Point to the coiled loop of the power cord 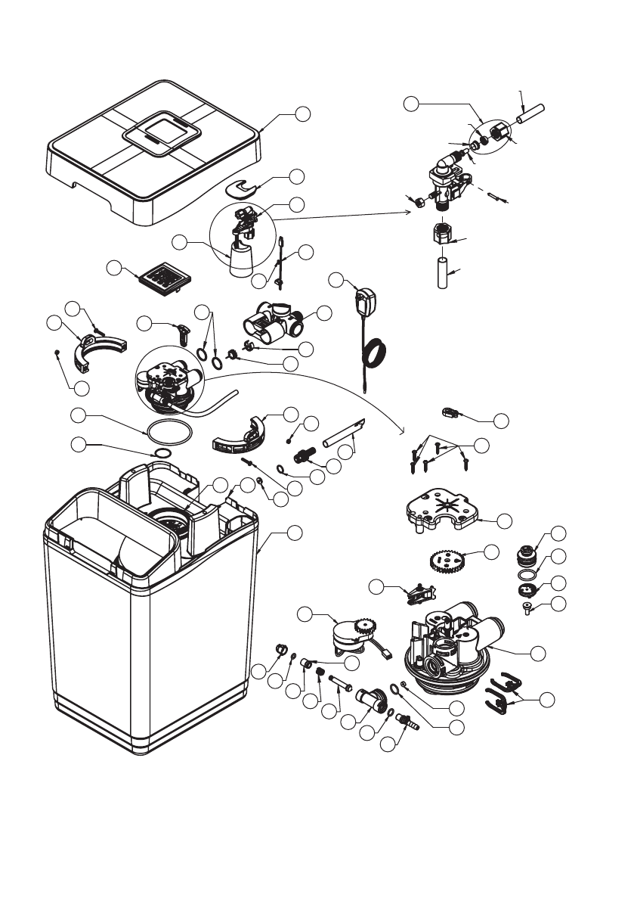(x=376, y=353)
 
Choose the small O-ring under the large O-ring (x=161, y=452)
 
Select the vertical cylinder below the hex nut (x=443, y=269)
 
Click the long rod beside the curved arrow (x=345, y=433)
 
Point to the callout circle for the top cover (x=302, y=113)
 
